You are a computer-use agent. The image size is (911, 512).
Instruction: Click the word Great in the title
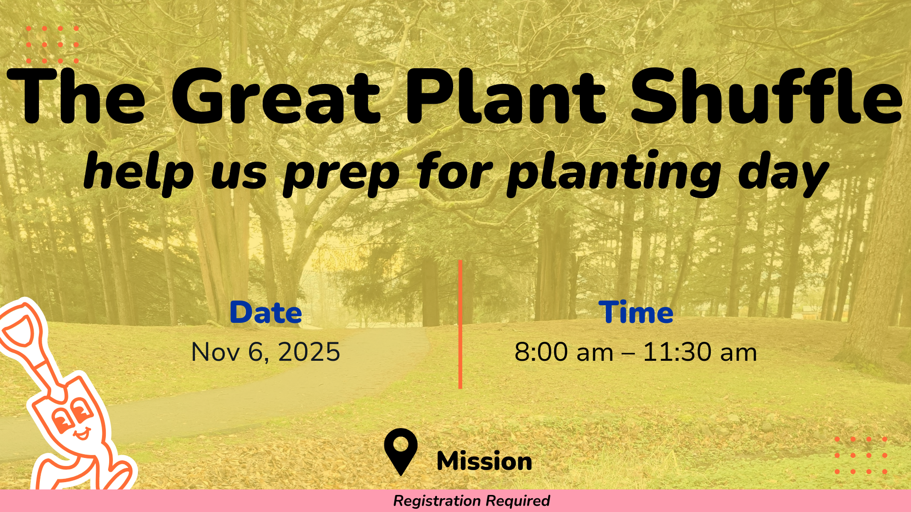[x=276, y=97]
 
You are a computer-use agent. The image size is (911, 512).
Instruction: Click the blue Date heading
[x=266, y=312]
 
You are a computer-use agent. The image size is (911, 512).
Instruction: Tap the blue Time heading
[x=636, y=312]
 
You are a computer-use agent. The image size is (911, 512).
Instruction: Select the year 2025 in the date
[x=309, y=352]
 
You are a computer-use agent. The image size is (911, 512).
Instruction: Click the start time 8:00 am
[x=564, y=352]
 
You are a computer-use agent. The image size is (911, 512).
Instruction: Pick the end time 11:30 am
[x=700, y=352]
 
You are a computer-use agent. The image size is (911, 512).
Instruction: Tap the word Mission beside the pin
[x=484, y=461]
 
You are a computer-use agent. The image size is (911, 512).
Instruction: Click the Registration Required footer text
[x=472, y=501]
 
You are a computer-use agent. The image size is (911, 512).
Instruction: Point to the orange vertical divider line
[x=460, y=324]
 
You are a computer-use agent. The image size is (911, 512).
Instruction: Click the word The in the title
[x=76, y=97]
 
